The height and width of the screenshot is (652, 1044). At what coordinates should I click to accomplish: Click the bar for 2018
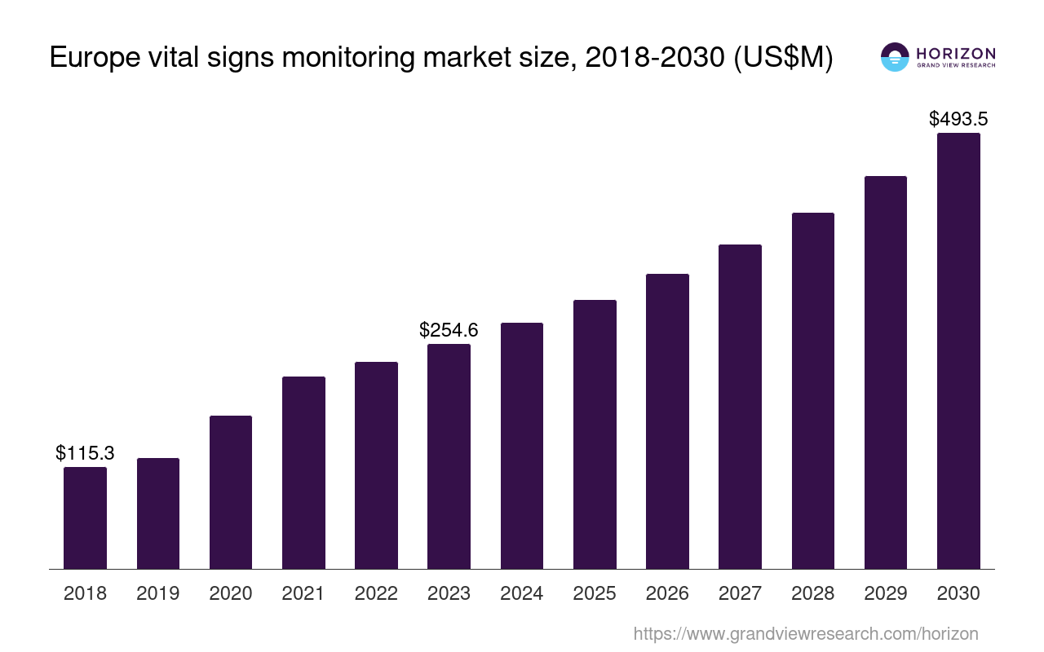pos(85,518)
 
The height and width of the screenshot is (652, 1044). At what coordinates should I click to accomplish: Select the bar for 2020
pos(231,492)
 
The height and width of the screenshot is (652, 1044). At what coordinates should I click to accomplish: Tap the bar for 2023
pos(449,456)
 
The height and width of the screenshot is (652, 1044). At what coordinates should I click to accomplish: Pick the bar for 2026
pos(667,421)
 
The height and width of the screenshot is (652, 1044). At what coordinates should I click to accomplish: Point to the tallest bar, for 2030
pos(958,350)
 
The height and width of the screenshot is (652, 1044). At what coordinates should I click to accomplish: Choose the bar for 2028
pos(813,390)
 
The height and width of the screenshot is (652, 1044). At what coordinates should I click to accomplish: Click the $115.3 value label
pos(85,453)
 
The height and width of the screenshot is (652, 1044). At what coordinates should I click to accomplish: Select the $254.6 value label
pos(449,330)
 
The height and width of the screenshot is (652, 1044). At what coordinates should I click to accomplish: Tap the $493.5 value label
pos(958,119)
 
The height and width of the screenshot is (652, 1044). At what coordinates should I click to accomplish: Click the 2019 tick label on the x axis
pos(157,593)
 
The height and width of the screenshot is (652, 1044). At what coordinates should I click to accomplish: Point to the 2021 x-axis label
pos(303,593)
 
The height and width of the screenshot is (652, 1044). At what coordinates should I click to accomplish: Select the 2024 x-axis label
pos(521,593)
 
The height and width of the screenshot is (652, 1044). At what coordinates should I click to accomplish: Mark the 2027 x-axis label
pos(740,593)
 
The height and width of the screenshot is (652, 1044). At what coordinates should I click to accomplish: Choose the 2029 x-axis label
pos(885,593)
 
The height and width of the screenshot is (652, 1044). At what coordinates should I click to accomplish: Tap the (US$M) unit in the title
pos(784,59)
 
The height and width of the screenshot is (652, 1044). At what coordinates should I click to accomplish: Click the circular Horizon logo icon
pos(895,57)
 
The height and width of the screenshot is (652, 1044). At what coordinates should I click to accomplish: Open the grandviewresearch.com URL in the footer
pos(805,633)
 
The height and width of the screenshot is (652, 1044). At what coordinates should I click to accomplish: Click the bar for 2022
pos(376,465)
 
